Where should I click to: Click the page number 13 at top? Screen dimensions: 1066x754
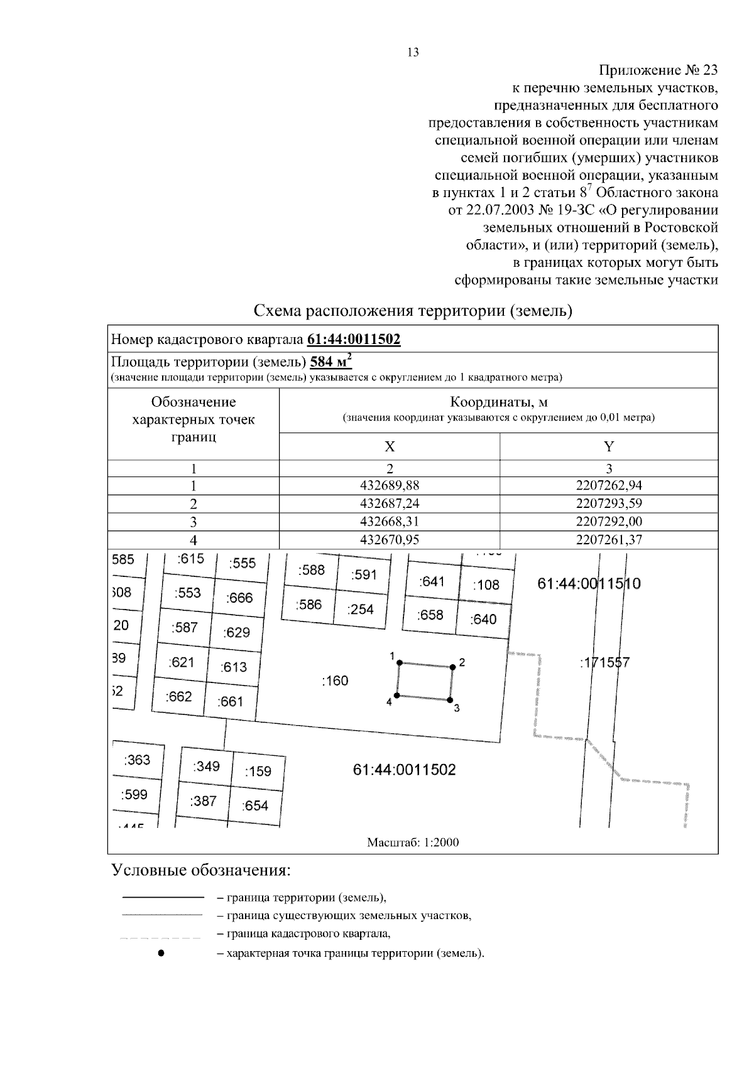point(413,53)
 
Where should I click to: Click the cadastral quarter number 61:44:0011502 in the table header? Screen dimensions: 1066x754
point(354,340)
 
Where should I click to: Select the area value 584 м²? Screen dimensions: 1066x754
point(331,362)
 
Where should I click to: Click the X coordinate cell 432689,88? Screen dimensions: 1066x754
point(390,485)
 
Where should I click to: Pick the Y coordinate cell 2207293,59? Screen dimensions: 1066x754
point(608,503)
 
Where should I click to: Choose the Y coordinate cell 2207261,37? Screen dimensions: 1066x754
point(608,540)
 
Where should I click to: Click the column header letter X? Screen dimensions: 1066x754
point(390,446)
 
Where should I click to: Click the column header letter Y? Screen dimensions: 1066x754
point(608,446)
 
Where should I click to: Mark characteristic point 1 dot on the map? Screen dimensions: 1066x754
point(399,663)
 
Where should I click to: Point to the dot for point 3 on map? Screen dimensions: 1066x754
point(450,699)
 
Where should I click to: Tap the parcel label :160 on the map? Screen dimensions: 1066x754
point(334,681)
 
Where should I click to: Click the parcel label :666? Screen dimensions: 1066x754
point(239,598)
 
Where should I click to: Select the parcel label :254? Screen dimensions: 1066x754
point(360,609)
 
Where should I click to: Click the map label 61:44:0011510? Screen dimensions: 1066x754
point(589,584)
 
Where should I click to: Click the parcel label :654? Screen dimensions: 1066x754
point(255,805)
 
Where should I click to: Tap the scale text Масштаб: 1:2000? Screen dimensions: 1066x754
point(413,843)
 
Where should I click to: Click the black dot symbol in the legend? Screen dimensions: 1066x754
point(161,953)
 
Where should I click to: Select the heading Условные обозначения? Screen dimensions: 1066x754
point(202,871)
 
